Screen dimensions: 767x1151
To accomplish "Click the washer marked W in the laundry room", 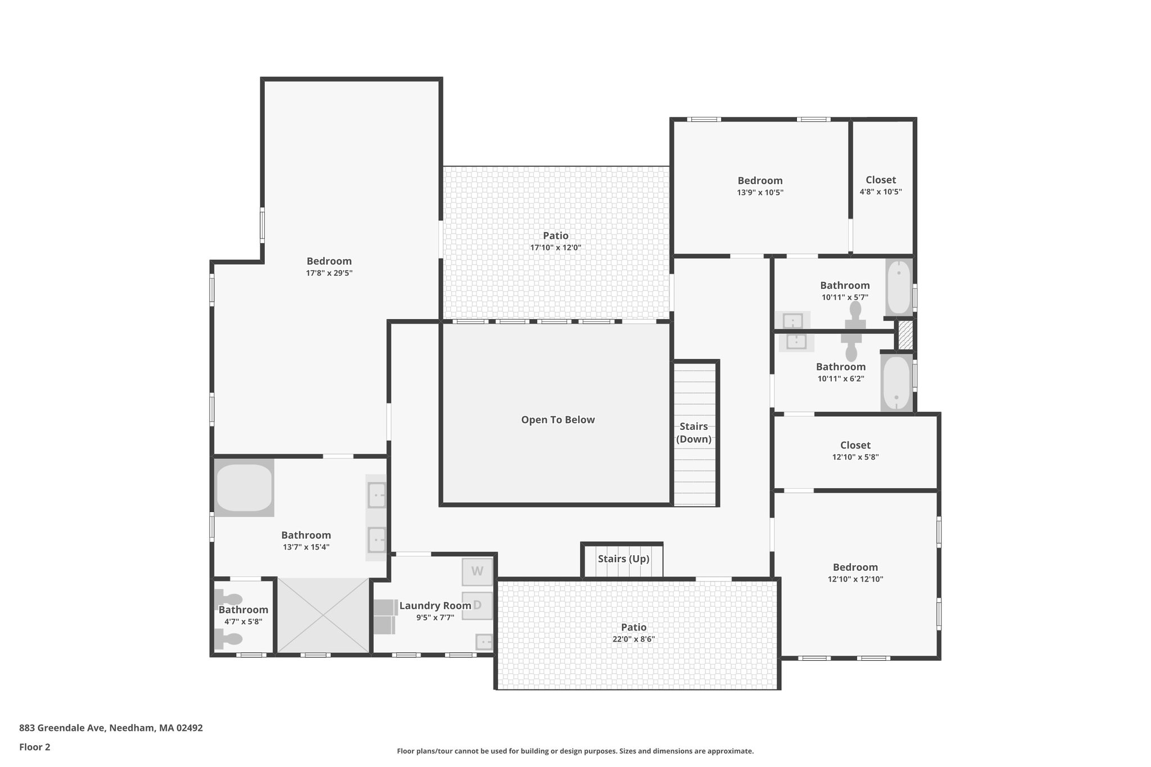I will [x=477, y=571].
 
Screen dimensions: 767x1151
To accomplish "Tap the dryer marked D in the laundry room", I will [x=477, y=606].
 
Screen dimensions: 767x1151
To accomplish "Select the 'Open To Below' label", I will [x=558, y=420].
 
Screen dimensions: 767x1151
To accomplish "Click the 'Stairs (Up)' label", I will [x=623, y=559].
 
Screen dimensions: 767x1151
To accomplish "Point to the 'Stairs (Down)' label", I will [x=694, y=433].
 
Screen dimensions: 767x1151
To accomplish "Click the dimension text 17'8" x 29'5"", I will [x=329, y=273].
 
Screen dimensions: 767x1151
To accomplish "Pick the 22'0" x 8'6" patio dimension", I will [x=633, y=639].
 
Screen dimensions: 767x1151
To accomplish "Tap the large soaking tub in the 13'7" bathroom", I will [x=244, y=487].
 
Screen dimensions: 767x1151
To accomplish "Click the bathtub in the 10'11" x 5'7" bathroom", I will [x=899, y=287].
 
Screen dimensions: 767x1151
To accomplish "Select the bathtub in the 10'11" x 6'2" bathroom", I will [x=896, y=383].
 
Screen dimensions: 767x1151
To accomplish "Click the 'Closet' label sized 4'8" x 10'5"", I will [x=881, y=180].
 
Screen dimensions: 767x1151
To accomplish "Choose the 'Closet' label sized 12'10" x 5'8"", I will [x=855, y=445].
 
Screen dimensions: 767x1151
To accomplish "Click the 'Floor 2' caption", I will [x=35, y=747].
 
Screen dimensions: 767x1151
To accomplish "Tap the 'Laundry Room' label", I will [x=435, y=606].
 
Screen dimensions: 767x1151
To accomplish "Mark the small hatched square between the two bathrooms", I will [x=905, y=335].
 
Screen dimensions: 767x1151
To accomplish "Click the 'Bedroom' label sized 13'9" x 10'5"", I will [x=760, y=180].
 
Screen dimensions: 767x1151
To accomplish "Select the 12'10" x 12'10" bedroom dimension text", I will [x=855, y=579].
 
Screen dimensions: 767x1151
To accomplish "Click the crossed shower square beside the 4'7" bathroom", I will [x=323, y=616].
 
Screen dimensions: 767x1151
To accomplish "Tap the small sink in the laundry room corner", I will [x=484, y=642].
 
